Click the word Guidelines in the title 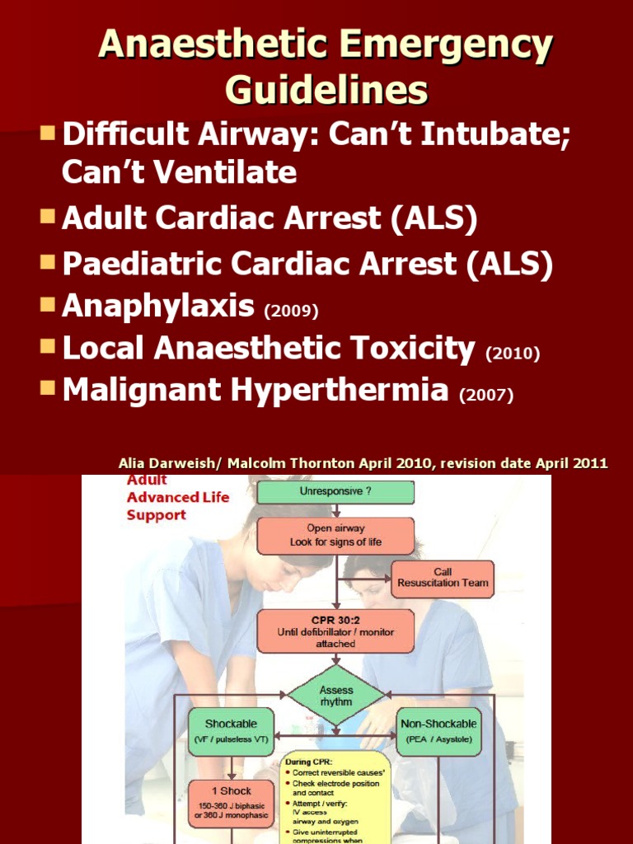coord(326,90)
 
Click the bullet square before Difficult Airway coord(49,132)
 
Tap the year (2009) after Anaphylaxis coord(290,311)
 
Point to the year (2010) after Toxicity coord(513,354)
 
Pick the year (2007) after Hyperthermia coord(486,396)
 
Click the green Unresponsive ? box coord(335,492)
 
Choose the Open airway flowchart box coord(335,535)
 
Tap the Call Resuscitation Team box coord(443,577)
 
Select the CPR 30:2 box coord(335,630)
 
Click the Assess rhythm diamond coord(335,696)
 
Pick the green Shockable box coord(231,731)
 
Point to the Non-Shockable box coord(438,731)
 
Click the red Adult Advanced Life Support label coord(166,497)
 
